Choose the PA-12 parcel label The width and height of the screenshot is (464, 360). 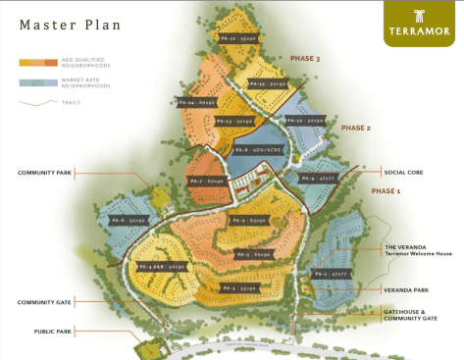[x=267, y=85]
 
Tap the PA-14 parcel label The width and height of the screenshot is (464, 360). [x=194, y=101]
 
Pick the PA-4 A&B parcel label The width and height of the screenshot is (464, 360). [x=163, y=266]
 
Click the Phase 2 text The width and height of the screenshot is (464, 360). [x=355, y=128]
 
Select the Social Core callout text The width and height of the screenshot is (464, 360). [x=403, y=172]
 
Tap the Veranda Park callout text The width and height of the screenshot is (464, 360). [x=405, y=289]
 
